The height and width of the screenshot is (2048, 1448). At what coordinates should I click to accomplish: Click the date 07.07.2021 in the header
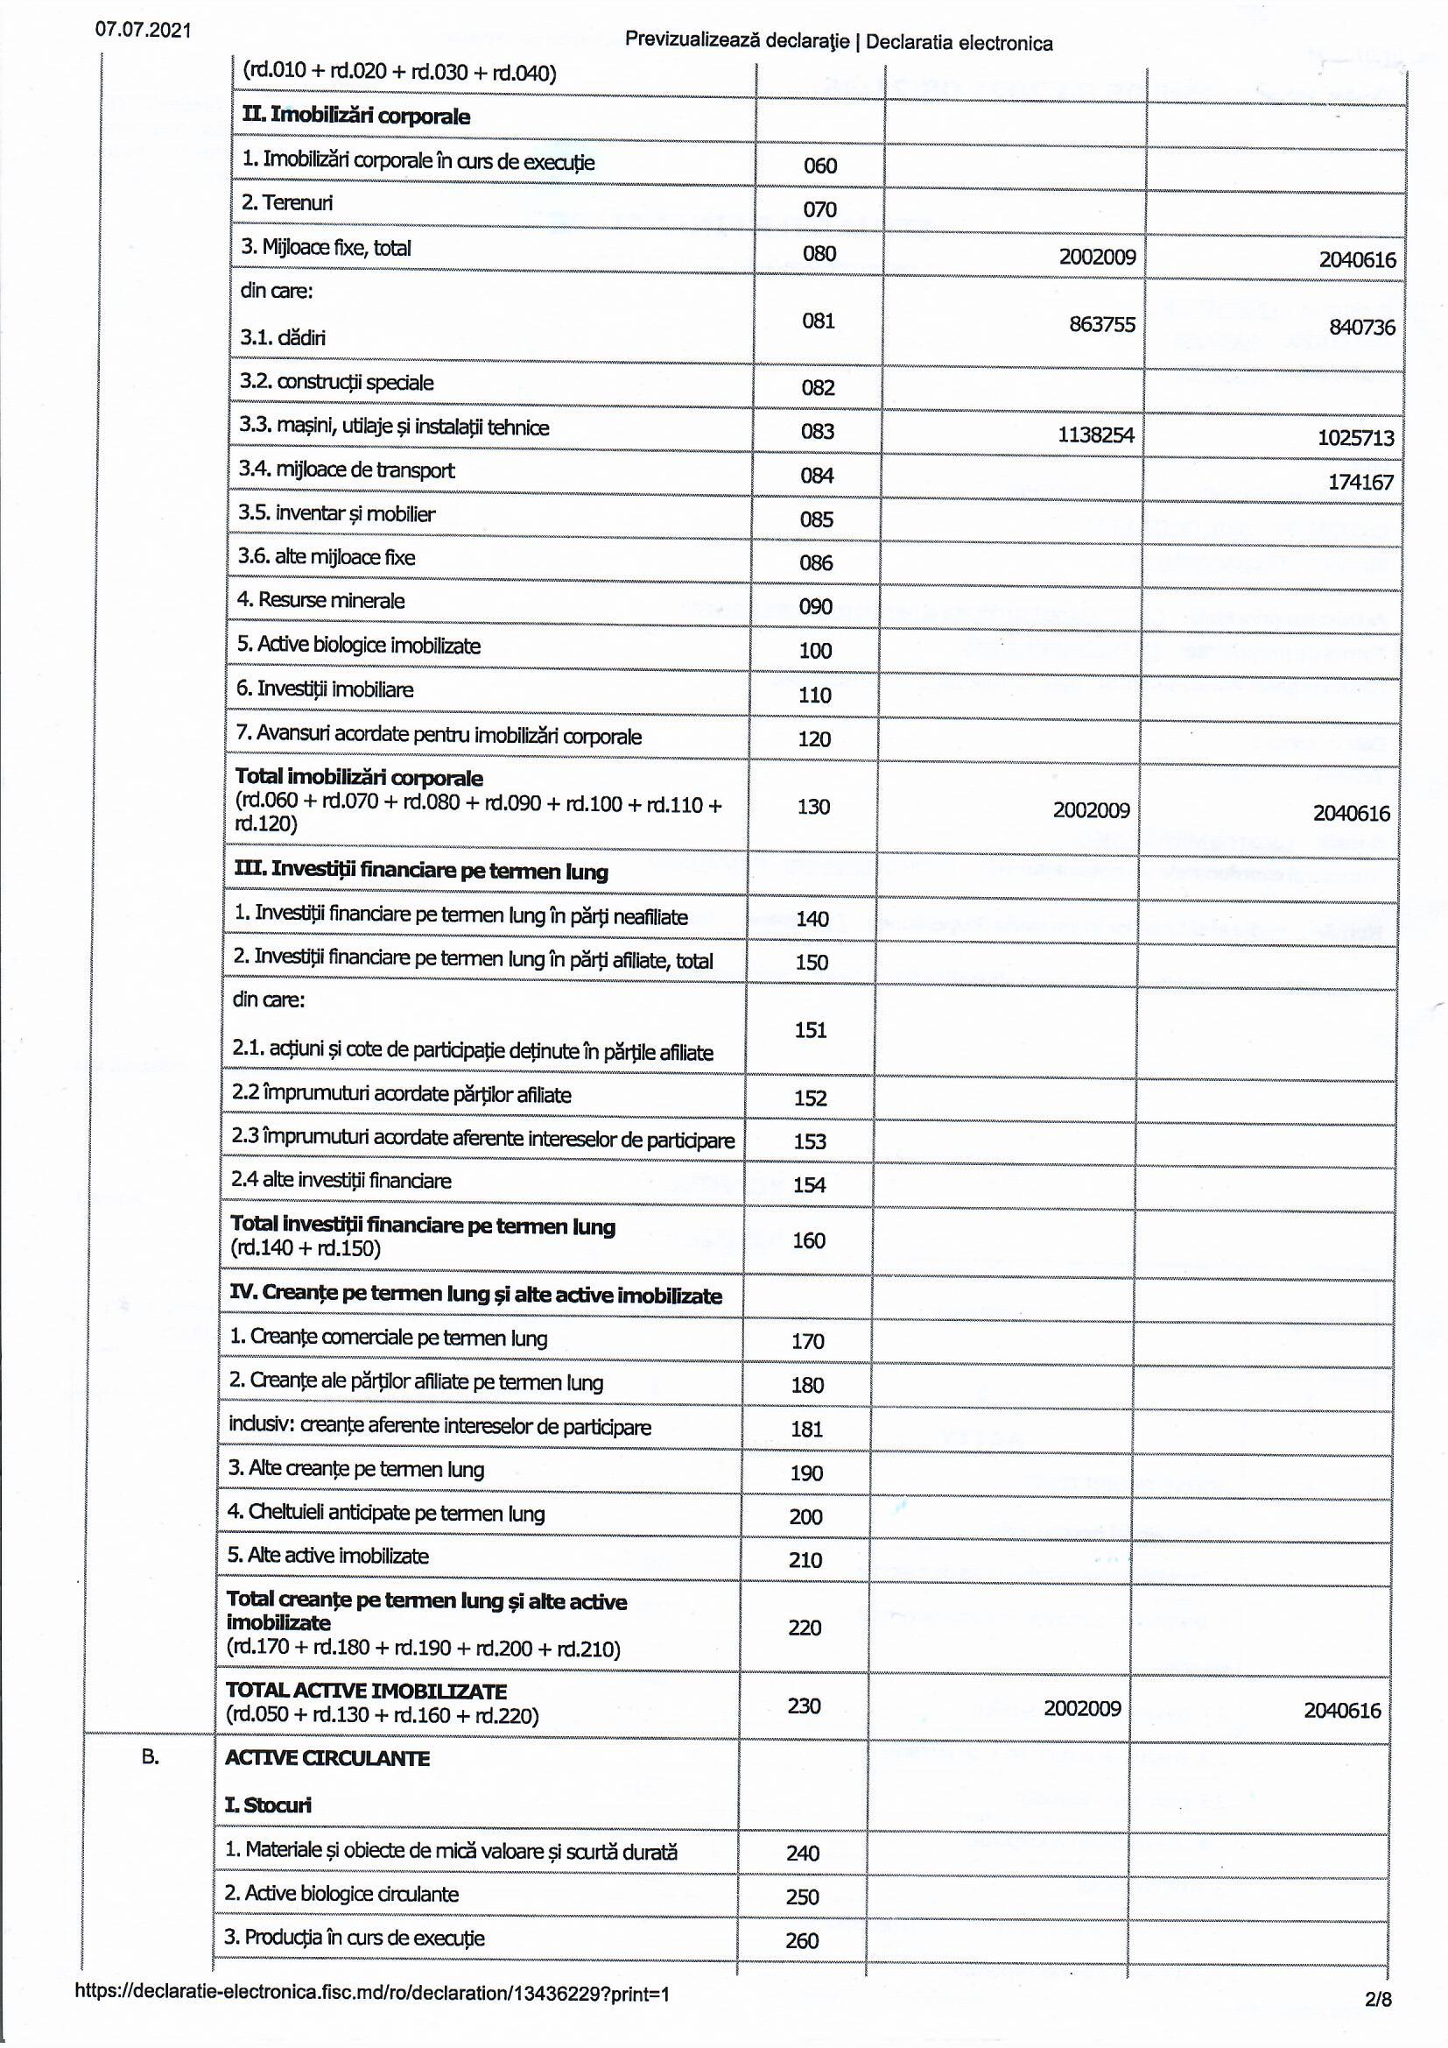(x=143, y=30)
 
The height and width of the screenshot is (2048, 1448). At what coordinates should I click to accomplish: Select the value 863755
(x=1102, y=324)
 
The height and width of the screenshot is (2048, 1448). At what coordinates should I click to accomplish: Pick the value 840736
(x=1361, y=327)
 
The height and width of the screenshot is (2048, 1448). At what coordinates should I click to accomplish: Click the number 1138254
(x=1096, y=434)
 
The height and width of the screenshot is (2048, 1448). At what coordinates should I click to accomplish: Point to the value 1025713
(x=1355, y=437)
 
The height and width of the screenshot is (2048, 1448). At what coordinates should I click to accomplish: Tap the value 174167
(x=1360, y=482)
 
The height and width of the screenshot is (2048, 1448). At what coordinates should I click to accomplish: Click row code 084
(x=817, y=476)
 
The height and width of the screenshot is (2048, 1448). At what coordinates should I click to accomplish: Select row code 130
(x=813, y=807)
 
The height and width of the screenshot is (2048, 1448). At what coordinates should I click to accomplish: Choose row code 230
(x=804, y=1705)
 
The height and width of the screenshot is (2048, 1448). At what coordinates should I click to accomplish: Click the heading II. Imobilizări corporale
(x=355, y=116)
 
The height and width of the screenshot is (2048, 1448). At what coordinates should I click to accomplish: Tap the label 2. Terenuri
(x=286, y=202)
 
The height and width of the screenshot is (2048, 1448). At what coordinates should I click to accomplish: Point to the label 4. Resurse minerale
(x=320, y=600)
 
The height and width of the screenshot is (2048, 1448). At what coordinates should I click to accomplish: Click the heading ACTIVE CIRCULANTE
(x=327, y=1758)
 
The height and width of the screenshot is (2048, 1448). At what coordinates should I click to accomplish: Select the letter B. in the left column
(x=151, y=1756)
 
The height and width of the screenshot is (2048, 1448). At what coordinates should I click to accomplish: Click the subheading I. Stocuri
(x=269, y=1804)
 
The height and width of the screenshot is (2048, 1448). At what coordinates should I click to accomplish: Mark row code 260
(x=802, y=1940)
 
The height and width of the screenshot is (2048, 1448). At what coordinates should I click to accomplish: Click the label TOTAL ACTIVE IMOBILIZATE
(x=367, y=1691)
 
